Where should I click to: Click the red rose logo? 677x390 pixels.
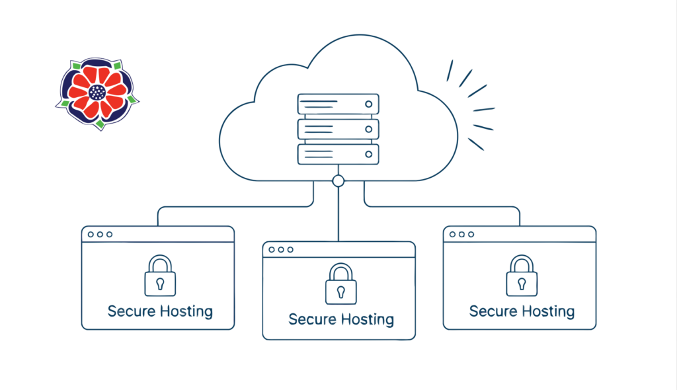[98, 93]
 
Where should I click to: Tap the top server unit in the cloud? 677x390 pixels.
[338, 104]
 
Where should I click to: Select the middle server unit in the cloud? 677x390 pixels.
[338, 128]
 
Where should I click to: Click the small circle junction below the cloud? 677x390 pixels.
[338, 180]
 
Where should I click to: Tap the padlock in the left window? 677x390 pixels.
[160, 276]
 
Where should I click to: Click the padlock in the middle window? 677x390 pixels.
[341, 284]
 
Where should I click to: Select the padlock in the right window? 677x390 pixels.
[522, 276]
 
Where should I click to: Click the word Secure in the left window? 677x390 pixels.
[130, 311]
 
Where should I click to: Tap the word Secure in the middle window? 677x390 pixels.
[311, 320]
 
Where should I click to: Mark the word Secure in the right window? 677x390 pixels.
[491, 311]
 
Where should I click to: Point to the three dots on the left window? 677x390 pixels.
[100, 234]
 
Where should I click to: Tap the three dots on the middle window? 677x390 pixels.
[281, 249]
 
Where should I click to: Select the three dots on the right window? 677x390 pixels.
[461, 234]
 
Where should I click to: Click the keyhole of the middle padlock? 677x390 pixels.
[341, 291]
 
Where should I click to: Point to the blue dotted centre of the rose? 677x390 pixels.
[98, 93]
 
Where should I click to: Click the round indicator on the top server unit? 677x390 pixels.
[368, 104]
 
